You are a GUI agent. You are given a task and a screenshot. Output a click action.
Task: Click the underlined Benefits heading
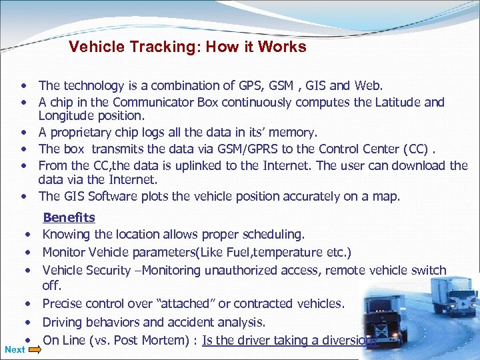[69, 217]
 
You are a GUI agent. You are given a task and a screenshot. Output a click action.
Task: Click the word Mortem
[170, 340]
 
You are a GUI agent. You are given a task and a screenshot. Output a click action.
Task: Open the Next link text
[14, 349]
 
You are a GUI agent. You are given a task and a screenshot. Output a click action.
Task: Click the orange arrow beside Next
[34, 349]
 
